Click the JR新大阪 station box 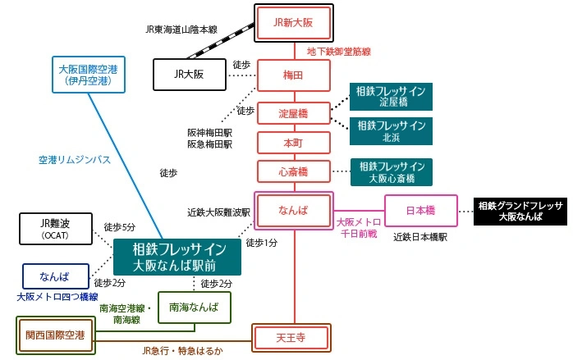coord(293,23)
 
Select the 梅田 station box coord(293,75)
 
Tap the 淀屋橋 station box coord(293,112)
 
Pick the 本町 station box coord(293,142)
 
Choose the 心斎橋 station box coord(293,171)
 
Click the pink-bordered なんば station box coord(293,211)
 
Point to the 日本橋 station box coord(420,211)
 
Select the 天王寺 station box coord(293,336)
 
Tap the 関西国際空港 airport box coord(57,335)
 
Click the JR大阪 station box coord(189,74)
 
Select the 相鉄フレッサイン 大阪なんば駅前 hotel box coord(176,257)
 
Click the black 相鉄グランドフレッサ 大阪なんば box coord(520,212)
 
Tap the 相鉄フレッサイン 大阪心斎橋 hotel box coord(391,171)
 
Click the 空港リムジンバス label coord(75,160)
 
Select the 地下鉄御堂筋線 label coord(339,51)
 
